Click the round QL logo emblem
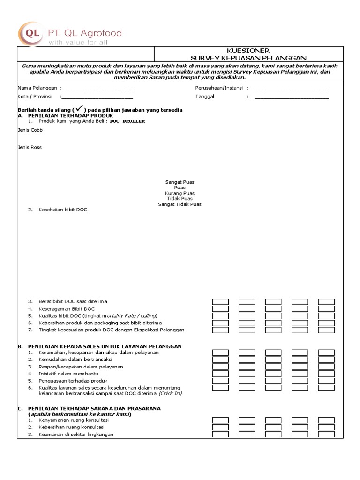pos(31,33)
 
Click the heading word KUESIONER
pos(248,51)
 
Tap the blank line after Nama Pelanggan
pos(97,89)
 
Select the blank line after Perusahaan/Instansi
pos(291,89)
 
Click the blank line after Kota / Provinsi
pos(97,97)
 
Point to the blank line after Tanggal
pos(292,97)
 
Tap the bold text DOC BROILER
pos(127,121)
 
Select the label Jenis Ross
pos(30,147)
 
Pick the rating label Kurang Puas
pos(180,193)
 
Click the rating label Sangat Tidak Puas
pos(180,204)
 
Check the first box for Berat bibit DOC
pos(220,302)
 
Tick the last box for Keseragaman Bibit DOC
pos(326,309)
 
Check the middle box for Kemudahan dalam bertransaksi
pos(273,359)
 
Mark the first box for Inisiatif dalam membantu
pos(220,374)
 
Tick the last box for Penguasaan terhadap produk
pos(326,381)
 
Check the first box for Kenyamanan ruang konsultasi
pos(220,420)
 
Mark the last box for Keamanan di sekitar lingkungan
pos(326,435)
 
